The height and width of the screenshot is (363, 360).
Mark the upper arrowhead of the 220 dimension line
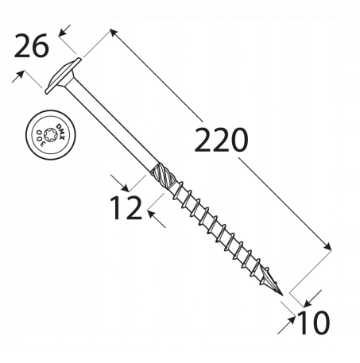pyautogui.click(x=113, y=33)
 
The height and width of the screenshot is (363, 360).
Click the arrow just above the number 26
pyautogui.click(x=63, y=29)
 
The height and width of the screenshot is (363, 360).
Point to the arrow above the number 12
pyautogui.click(x=117, y=179)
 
